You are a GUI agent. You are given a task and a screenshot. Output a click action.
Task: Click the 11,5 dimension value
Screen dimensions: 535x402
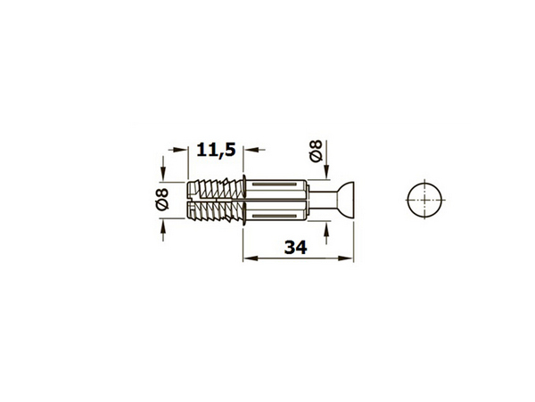point(216,150)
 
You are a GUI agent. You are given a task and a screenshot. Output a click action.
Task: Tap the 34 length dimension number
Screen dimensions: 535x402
point(296,248)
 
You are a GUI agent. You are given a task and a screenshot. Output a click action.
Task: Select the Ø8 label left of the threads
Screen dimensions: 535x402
point(161,199)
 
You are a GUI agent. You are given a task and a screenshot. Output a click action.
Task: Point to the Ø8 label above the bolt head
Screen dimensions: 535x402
point(316,151)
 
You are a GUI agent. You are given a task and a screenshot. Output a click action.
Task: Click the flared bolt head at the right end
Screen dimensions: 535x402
point(345,200)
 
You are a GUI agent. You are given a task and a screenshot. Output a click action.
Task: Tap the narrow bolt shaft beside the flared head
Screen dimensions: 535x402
point(322,200)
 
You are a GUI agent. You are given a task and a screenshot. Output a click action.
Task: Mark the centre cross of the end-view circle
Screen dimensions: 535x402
point(424,200)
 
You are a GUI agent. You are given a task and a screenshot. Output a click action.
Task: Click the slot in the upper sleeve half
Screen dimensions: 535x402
point(275,185)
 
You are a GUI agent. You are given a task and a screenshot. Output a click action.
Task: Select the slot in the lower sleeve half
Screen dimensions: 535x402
point(275,217)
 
